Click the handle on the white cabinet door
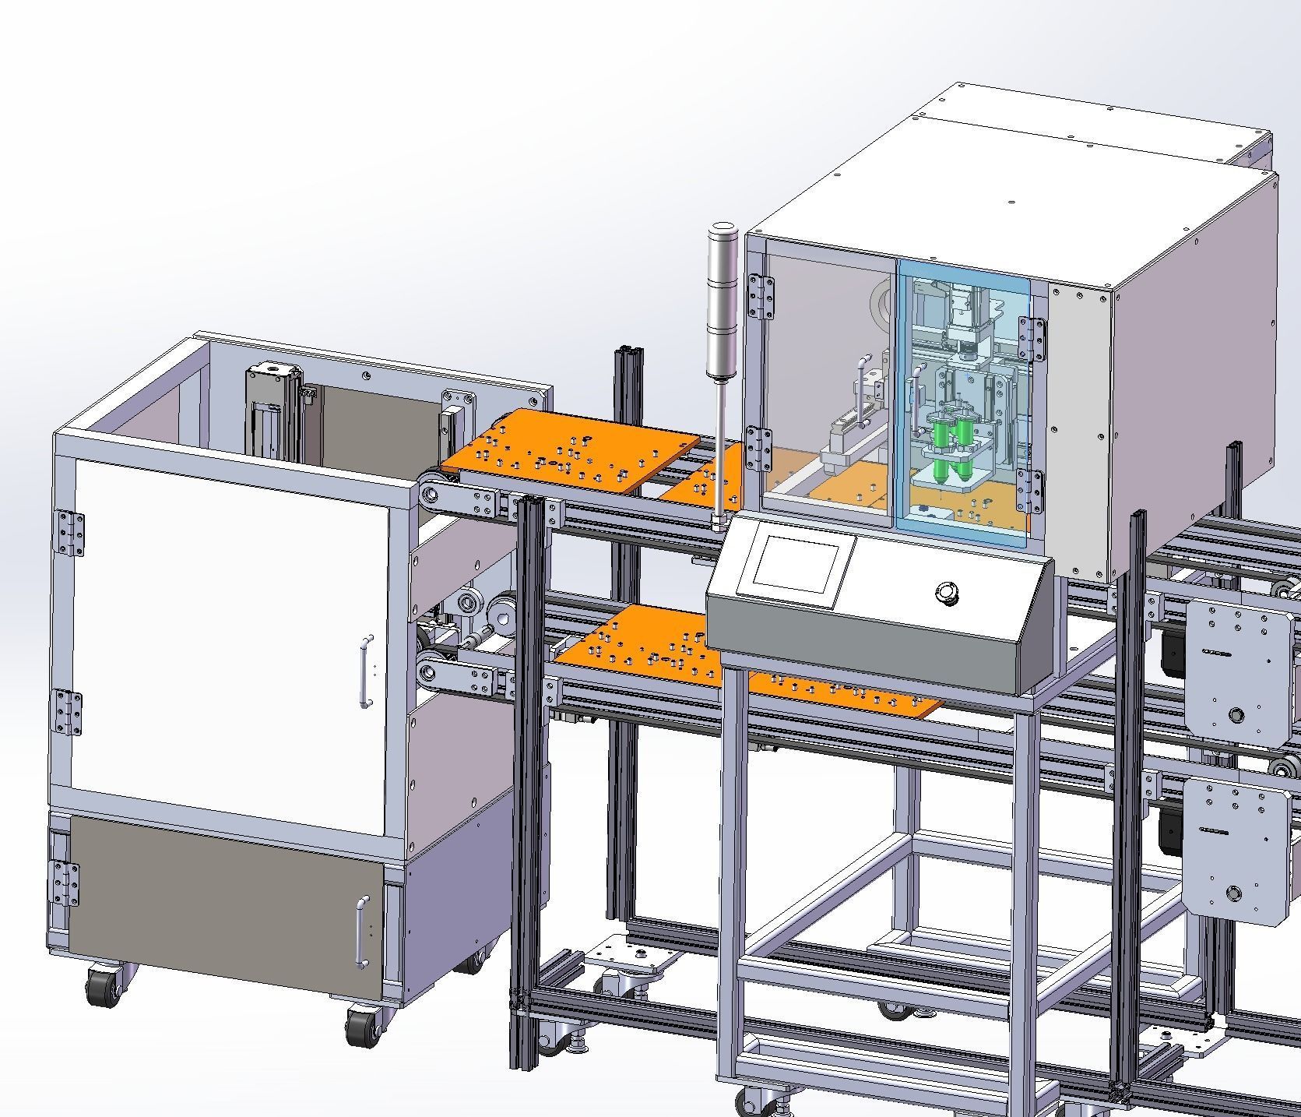click(x=365, y=671)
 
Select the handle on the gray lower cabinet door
click(x=360, y=932)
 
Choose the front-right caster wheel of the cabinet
click(x=363, y=1026)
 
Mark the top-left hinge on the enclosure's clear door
click(x=761, y=296)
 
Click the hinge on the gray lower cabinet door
click(x=64, y=883)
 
